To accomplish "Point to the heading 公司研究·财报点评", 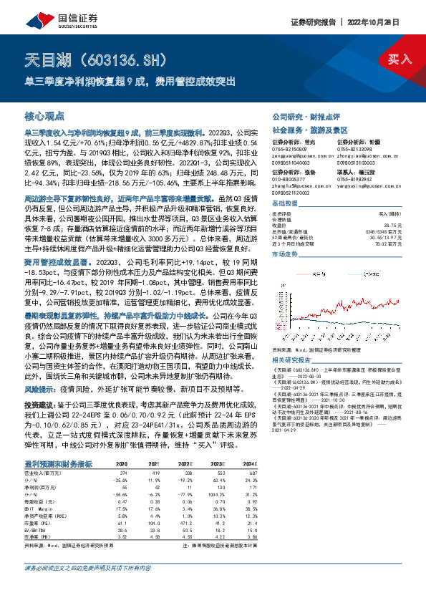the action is coord(299,115).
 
